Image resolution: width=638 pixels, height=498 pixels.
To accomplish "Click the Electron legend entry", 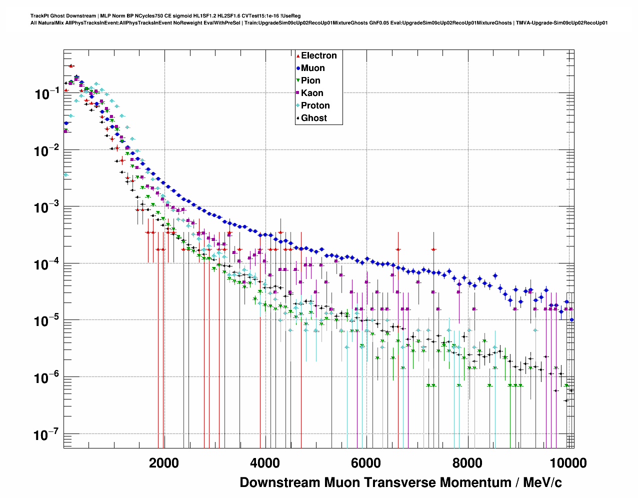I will pyautogui.click(x=318, y=55).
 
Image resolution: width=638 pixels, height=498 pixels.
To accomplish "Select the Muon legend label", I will pyautogui.click(x=312, y=68).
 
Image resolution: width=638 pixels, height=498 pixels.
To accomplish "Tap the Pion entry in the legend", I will pyautogui.click(x=310, y=80).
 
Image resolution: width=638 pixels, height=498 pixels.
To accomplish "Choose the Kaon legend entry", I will pyautogui.click(x=312, y=93).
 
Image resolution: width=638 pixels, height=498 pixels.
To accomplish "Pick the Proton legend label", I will pyautogui.click(x=315, y=105).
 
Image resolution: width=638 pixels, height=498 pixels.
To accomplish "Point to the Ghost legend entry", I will pyautogui.click(x=313, y=118).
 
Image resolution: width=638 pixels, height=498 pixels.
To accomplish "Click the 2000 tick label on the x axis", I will pyautogui.click(x=164, y=463).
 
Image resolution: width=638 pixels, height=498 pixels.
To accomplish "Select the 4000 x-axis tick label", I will pyautogui.click(x=265, y=463).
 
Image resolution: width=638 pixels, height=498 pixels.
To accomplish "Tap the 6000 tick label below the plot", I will pyautogui.click(x=366, y=463).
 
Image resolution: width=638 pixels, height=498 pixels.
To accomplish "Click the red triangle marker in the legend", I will pyautogui.click(x=298, y=56).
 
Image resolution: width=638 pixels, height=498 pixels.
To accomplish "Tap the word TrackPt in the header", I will pyautogui.click(x=39, y=16).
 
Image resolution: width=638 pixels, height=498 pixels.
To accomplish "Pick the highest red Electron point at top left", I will pyautogui.click(x=71, y=65).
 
